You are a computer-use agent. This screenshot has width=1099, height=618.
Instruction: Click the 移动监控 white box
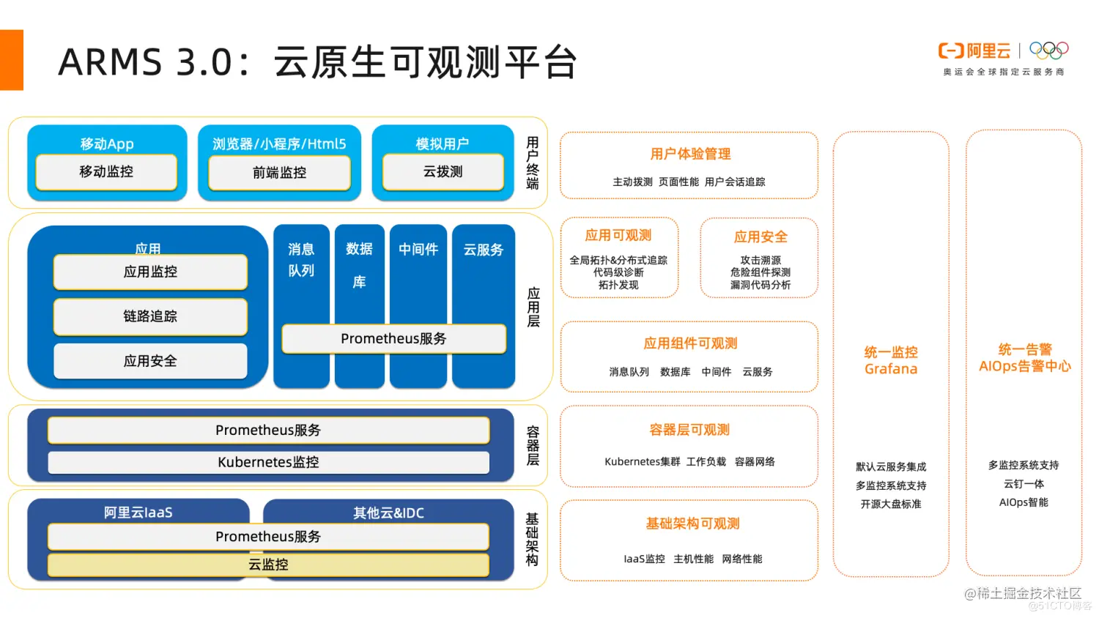pyautogui.click(x=106, y=172)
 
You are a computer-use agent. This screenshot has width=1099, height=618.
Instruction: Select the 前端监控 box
pyautogui.click(x=279, y=173)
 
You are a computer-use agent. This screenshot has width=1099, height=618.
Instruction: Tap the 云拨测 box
pyautogui.click(x=443, y=172)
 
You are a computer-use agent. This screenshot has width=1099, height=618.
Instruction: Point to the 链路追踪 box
pyautogui.click(x=150, y=316)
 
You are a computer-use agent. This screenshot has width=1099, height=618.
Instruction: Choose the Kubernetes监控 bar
pyautogui.click(x=268, y=462)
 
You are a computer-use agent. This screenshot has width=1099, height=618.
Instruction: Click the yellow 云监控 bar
pyautogui.click(x=268, y=565)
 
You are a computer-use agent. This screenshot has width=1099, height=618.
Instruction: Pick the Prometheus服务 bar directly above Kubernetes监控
pyautogui.click(x=268, y=431)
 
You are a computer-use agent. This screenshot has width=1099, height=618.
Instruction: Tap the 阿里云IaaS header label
pyautogui.click(x=138, y=513)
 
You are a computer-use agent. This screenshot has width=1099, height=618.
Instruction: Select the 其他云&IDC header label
pyautogui.click(x=388, y=513)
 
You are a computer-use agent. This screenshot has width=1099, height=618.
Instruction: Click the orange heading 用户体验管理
pyautogui.click(x=690, y=154)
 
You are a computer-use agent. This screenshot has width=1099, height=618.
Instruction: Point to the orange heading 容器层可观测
pyautogui.click(x=689, y=430)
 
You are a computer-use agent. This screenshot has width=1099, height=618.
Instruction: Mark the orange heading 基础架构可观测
pyautogui.click(x=692, y=524)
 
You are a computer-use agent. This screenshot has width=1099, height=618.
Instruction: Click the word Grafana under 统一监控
pyautogui.click(x=891, y=369)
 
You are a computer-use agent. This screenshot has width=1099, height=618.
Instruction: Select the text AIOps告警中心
pyautogui.click(x=1024, y=366)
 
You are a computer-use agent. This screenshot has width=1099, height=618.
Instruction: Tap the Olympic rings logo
pyautogui.click(x=1048, y=51)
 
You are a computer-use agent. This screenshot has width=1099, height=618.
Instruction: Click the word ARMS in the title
pyautogui.click(x=110, y=62)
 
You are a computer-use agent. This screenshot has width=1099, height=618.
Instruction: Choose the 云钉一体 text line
pyautogui.click(x=1024, y=484)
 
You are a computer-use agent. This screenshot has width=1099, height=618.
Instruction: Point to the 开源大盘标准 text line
pyautogui.click(x=891, y=504)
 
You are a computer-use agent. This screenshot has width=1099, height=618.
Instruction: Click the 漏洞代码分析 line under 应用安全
pyautogui.click(x=761, y=285)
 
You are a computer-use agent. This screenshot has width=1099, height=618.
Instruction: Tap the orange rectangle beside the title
pyautogui.click(x=12, y=60)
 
